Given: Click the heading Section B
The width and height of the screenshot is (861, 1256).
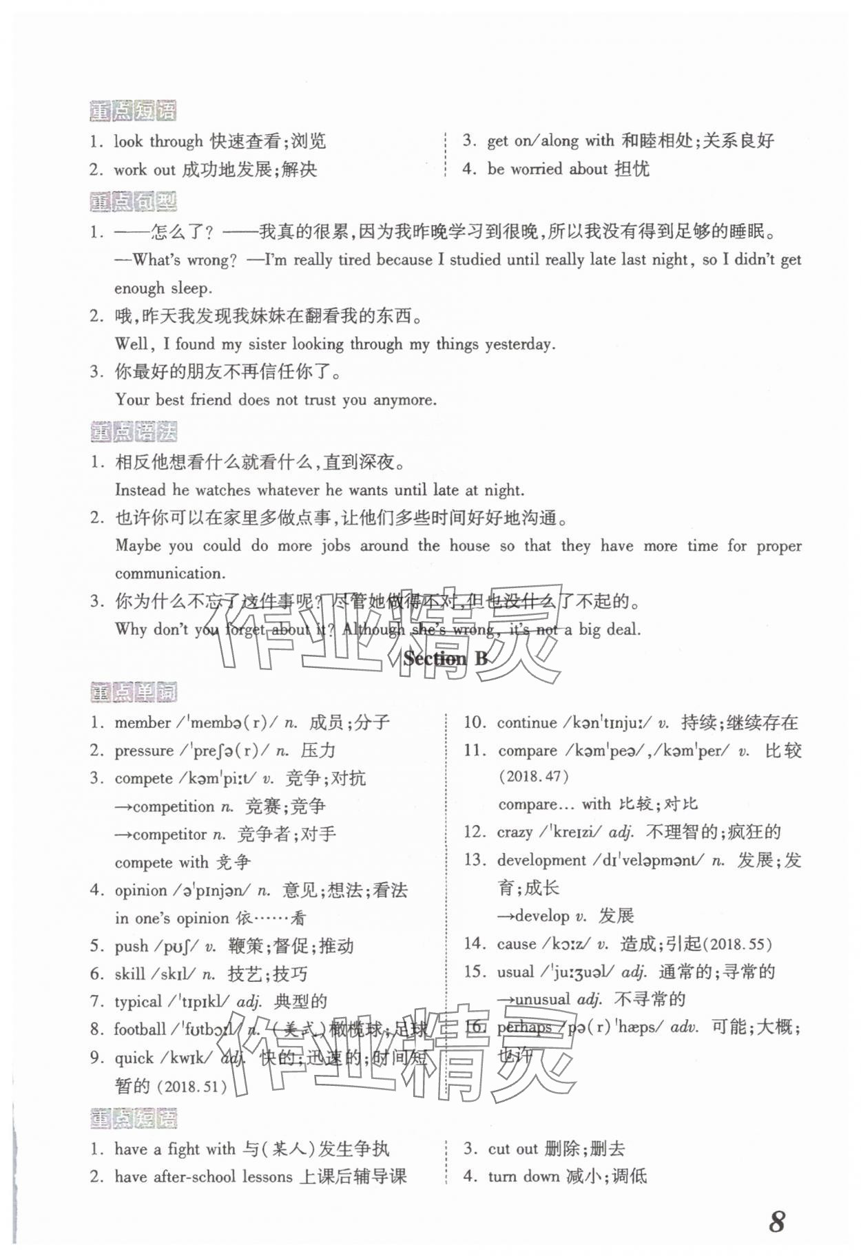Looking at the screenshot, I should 446,658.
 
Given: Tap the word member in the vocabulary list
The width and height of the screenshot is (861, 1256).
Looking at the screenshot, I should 143,722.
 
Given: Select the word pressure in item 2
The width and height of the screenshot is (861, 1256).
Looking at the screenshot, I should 144,751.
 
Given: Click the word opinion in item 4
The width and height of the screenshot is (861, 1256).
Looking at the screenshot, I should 141,890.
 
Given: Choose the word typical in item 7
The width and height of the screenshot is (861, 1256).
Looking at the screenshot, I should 138,1001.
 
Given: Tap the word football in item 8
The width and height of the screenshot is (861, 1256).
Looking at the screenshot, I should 140,1029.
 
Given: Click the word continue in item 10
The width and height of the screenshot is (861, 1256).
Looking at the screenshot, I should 527,722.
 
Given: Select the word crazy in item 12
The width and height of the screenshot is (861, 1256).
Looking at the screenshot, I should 515,832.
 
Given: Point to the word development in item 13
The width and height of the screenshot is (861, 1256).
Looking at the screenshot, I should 542,860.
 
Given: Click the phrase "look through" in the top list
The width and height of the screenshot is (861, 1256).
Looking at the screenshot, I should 158,141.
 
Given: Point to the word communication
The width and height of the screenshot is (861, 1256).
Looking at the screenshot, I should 169,573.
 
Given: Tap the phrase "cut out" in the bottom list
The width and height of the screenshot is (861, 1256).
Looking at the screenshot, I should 512,1149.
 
